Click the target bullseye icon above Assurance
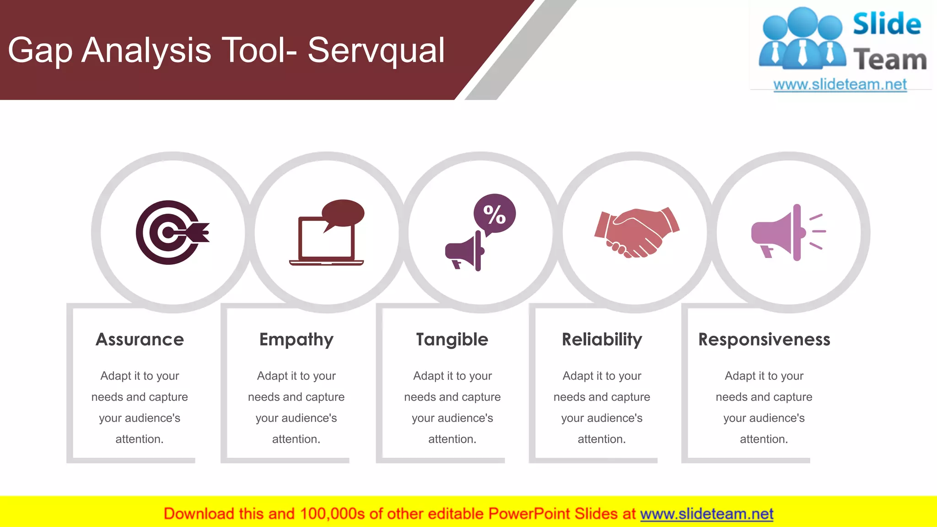tap(172, 232)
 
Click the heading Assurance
tap(140, 339)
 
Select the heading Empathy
tap(296, 340)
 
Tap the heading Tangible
tap(452, 340)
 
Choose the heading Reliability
tap(602, 339)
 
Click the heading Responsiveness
tap(764, 339)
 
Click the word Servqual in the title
tap(376, 50)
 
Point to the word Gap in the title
tap(40, 50)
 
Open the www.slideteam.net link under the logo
tap(840, 85)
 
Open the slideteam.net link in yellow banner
tap(706, 514)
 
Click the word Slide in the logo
tap(887, 24)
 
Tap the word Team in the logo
tap(889, 60)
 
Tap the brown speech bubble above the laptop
tap(343, 213)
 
